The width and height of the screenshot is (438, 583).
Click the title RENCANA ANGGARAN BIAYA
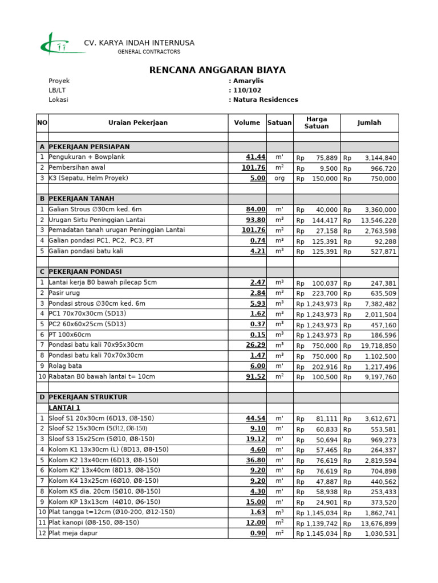click(217, 70)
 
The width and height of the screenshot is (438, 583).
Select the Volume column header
click(247, 122)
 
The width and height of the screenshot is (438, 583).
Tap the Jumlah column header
click(369, 122)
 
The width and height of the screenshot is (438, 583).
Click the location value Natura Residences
click(265, 100)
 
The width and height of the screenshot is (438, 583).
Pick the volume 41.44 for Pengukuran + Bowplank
click(255, 157)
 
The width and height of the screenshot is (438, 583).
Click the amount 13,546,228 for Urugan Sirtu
click(378, 220)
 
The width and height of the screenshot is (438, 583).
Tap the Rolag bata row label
click(66, 366)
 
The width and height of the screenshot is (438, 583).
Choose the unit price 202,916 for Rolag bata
click(325, 367)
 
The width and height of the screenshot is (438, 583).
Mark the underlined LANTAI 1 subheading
click(64, 408)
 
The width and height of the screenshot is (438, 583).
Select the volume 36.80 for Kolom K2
click(255, 460)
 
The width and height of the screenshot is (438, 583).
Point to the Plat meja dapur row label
click(73, 533)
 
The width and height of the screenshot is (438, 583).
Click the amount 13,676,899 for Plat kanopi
click(378, 523)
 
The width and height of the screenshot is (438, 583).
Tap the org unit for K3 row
click(279, 178)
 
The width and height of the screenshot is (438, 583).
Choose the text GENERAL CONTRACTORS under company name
click(149, 52)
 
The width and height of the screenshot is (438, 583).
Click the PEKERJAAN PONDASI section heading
click(85, 272)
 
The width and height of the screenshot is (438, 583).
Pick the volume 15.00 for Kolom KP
click(255, 502)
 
